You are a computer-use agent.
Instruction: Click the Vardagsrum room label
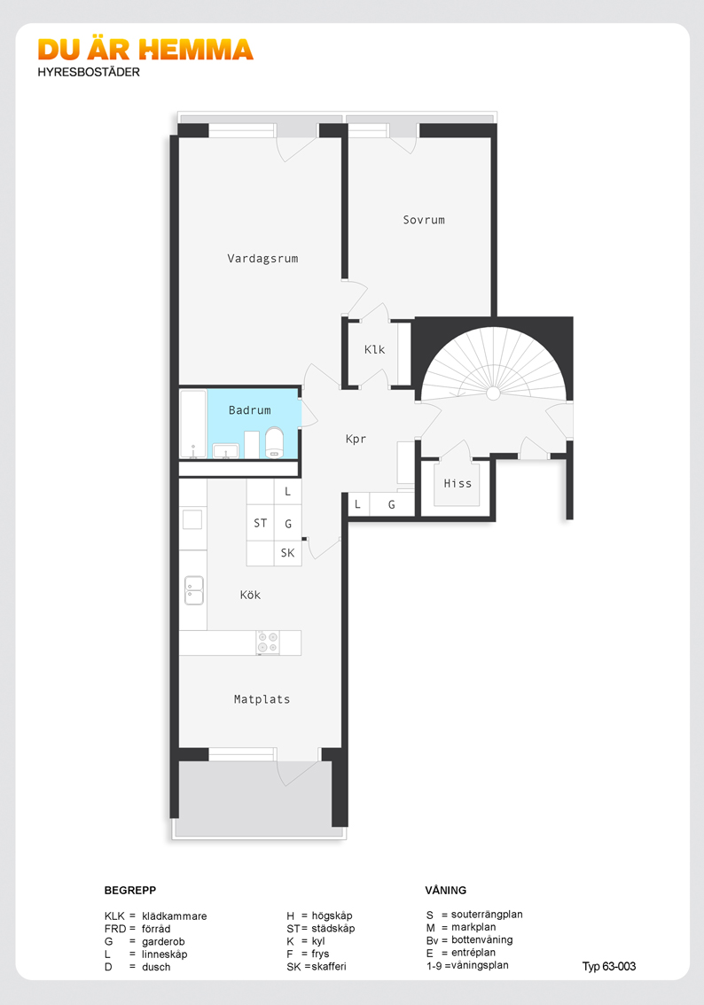point(262,259)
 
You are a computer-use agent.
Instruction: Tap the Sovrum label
point(423,220)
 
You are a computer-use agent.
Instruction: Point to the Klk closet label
point(374,349)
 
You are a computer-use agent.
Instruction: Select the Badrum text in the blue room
point(249,410)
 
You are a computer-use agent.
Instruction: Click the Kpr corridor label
point(356,439)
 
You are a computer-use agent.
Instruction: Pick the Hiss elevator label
point(458,483)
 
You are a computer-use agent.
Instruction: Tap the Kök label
point(250,595)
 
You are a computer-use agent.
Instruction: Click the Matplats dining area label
point(262,699)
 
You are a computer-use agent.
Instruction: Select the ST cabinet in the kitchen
point(261,523)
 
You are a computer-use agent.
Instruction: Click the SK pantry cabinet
point(288,553)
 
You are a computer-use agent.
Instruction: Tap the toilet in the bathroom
point(275,443)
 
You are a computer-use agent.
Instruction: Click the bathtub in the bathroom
point(193,424)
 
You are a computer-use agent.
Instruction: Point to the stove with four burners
point(268,643)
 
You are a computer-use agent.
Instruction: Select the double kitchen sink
point(193,590)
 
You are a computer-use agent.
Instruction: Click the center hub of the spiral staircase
point(492,393)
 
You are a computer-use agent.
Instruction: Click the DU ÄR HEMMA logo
point(145,50)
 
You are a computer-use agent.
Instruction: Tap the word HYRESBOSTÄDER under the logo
point(89,73)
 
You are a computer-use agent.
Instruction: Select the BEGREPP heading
point(130,891)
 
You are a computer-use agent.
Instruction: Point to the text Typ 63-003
point(609,967)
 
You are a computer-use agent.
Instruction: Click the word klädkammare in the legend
point(175,916)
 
